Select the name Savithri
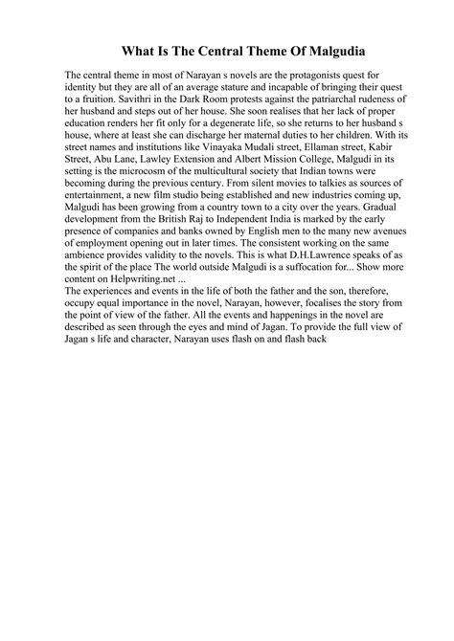coord(118,99)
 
